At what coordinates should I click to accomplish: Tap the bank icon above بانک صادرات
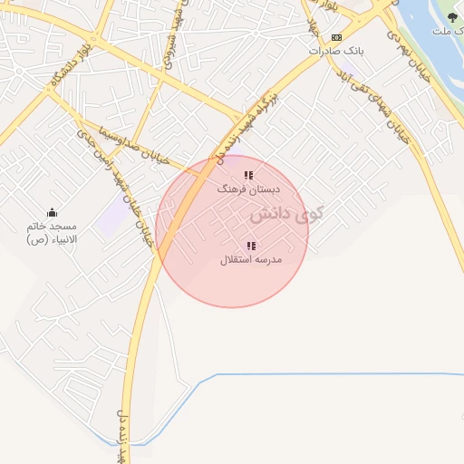tap(336, 37)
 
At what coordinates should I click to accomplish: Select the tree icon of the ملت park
tap(452, 17)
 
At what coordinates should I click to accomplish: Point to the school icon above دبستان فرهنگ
tap(248, 175)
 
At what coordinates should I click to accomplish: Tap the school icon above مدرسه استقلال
tap(251, 246)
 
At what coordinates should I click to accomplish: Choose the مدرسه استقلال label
tap(251, 260)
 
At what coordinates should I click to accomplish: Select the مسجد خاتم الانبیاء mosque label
tap(52, 232)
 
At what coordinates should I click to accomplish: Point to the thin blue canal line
tap(326, 374)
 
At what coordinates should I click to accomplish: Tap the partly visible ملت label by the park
tap(442, 32)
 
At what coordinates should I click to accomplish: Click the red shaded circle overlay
tap(232, 272)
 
